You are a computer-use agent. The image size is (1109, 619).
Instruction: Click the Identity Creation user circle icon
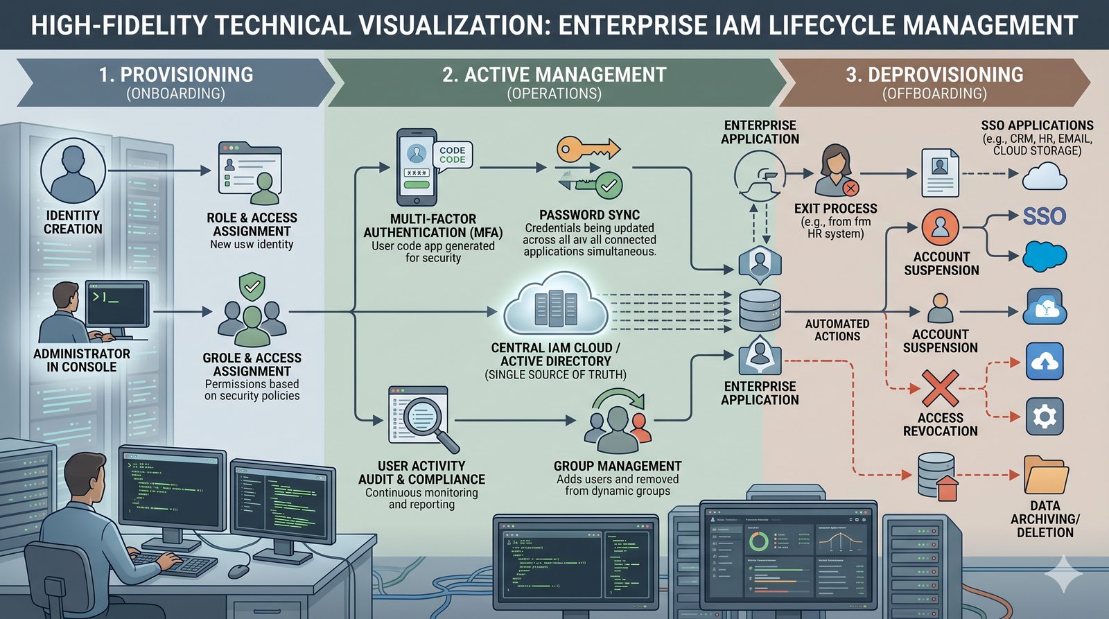pyautogui.click(x=73, y=171)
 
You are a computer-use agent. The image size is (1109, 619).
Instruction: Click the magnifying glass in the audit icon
pyautogui.click(x=424, y=417)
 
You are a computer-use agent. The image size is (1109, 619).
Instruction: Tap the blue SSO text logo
pyautogui.click(x=1044, y=216)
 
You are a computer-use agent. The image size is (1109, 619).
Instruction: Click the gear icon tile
pyautogui.click(x=1045, y=416)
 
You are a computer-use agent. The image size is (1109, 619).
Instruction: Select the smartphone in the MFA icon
pyautogui.click(x=417, y=166)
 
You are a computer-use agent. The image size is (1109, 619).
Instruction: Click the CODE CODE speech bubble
pyautogui.click(x=453, y=155)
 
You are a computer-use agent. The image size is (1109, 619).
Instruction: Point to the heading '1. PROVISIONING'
pyautogui.click(x=176, y=75)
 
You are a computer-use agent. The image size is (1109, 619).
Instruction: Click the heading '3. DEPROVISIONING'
pyautogui.click(x=934, y=75)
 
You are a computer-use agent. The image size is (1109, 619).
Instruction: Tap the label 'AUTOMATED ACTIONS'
pyautogui.click(x=837, y=330)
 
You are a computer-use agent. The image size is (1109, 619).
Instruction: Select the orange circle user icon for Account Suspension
pyautogui.click(x=941, y=227)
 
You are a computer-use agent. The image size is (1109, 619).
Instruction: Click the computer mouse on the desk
pyautogui.click(x=238, y=571)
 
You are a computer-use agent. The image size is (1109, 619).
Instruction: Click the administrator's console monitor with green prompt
pyautogui.click(x=116, y=304)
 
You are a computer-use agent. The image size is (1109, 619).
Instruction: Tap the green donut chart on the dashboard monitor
pyautogui.click(x=758, y=541)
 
